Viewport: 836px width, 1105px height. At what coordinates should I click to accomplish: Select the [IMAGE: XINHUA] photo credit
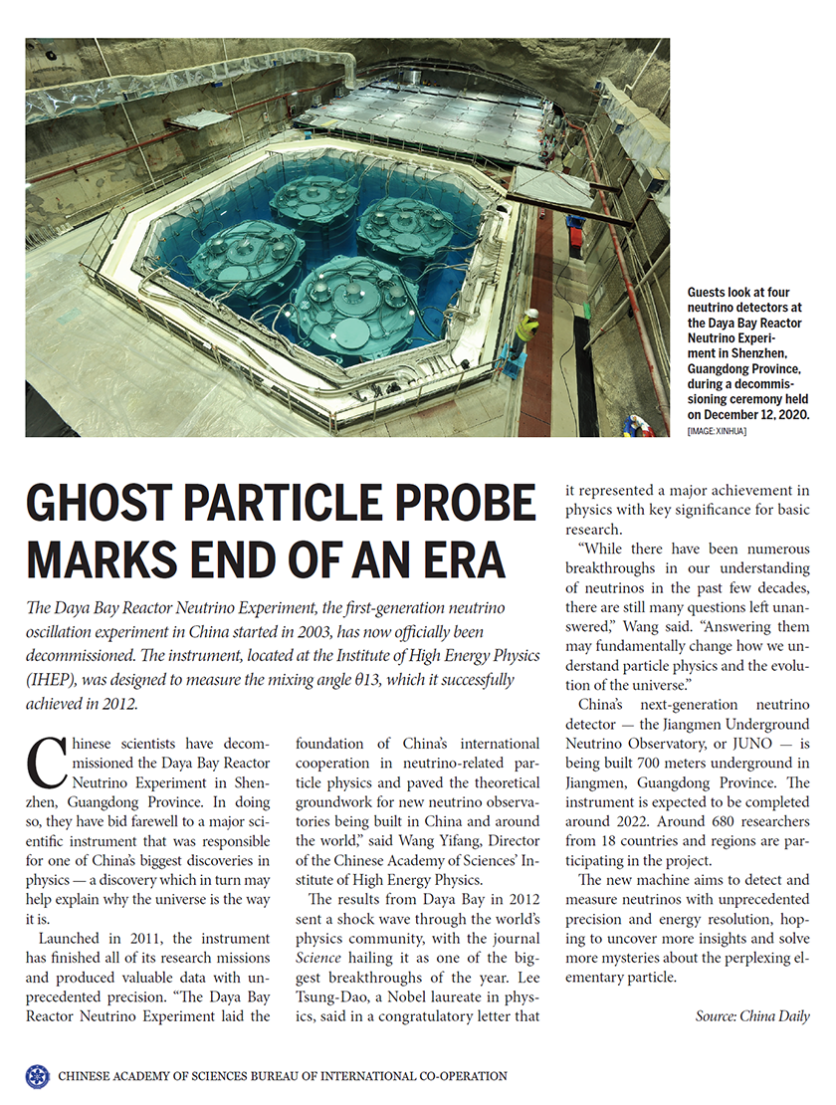point(717,430)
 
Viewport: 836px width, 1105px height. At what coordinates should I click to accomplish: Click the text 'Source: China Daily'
point(752,1015)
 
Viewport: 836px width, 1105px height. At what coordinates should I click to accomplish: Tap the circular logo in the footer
point(37,1076)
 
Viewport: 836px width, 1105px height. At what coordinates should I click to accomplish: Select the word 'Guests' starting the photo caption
point(709,293)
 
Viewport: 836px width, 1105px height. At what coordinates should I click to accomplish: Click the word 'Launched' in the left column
point(70,939)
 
